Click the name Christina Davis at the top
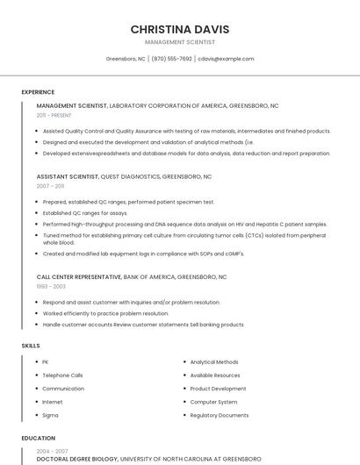pyautogui.click(x=179, y=29)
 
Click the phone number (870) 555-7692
pyautogui.click(x=171, y=59)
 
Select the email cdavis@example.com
pyautogui.click(x=226, y=59)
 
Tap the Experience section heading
pyautogui.click(x=38, y=92)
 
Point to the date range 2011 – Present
pyautogui.click(x=54, y=115)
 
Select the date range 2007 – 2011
pyautogui.click(x=50, y=186)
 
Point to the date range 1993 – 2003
pyautogui.click(x=51, y=286)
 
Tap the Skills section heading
pyautogui.click(x=31, y=346)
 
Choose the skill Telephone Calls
pyautogui.click(x=62, y=375)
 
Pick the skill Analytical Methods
pyautogui.click(x=213, y=361)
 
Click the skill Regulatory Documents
pyautogui.click(x=219, y=415)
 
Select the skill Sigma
pyautogui.click(x=50, y=415)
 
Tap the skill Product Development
pyautogui.click(x=218, y=388)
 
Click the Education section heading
pyautogui.click(x=38, y=438)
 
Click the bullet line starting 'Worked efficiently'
pyautogui.click(x=105, y=313)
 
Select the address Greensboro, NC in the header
pyautogui.click(x=126, y=59)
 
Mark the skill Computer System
pyautogui.click(x=213, y=402)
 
